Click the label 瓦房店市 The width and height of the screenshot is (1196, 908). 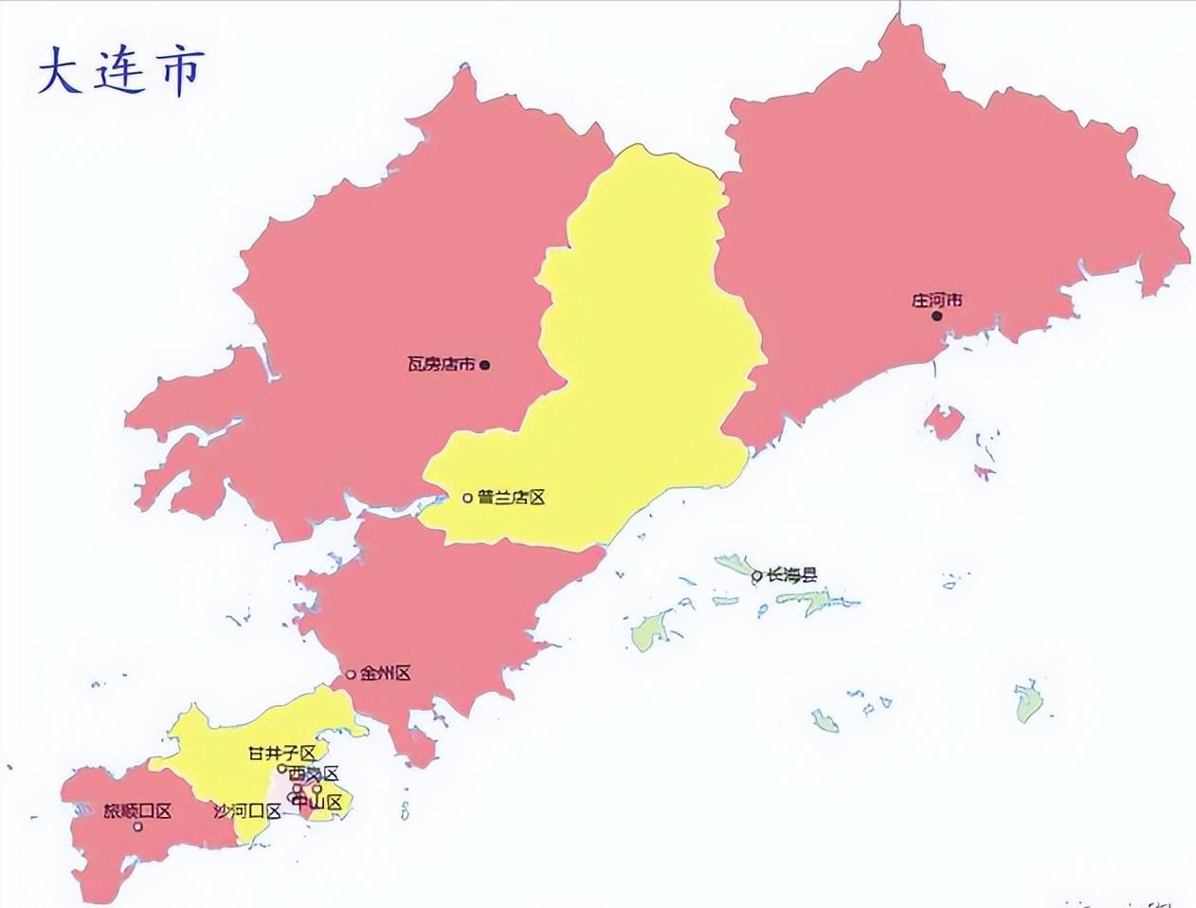[x=441, y=364]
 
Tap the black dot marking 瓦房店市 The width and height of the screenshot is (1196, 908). [x=484, y=364]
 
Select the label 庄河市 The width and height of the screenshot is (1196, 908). [x=936, y=300]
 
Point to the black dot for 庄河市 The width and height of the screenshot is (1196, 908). [x=936, y=316]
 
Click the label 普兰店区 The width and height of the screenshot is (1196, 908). [x=512, y=498]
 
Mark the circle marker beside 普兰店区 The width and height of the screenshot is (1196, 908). [x=467, y=498]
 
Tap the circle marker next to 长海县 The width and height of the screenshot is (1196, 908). [x=756, y=575]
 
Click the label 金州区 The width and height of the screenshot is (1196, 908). [x=385, y=674]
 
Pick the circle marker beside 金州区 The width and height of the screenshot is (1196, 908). [x=351, y=675]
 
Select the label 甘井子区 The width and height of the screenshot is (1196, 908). [x=281, y=754]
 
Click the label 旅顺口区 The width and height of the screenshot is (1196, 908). [x=137, y=811]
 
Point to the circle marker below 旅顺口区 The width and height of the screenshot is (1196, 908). [x=137, y=826]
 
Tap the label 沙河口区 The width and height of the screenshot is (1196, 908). [x=247, y=811]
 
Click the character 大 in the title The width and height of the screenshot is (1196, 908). [x=60, y=71]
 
